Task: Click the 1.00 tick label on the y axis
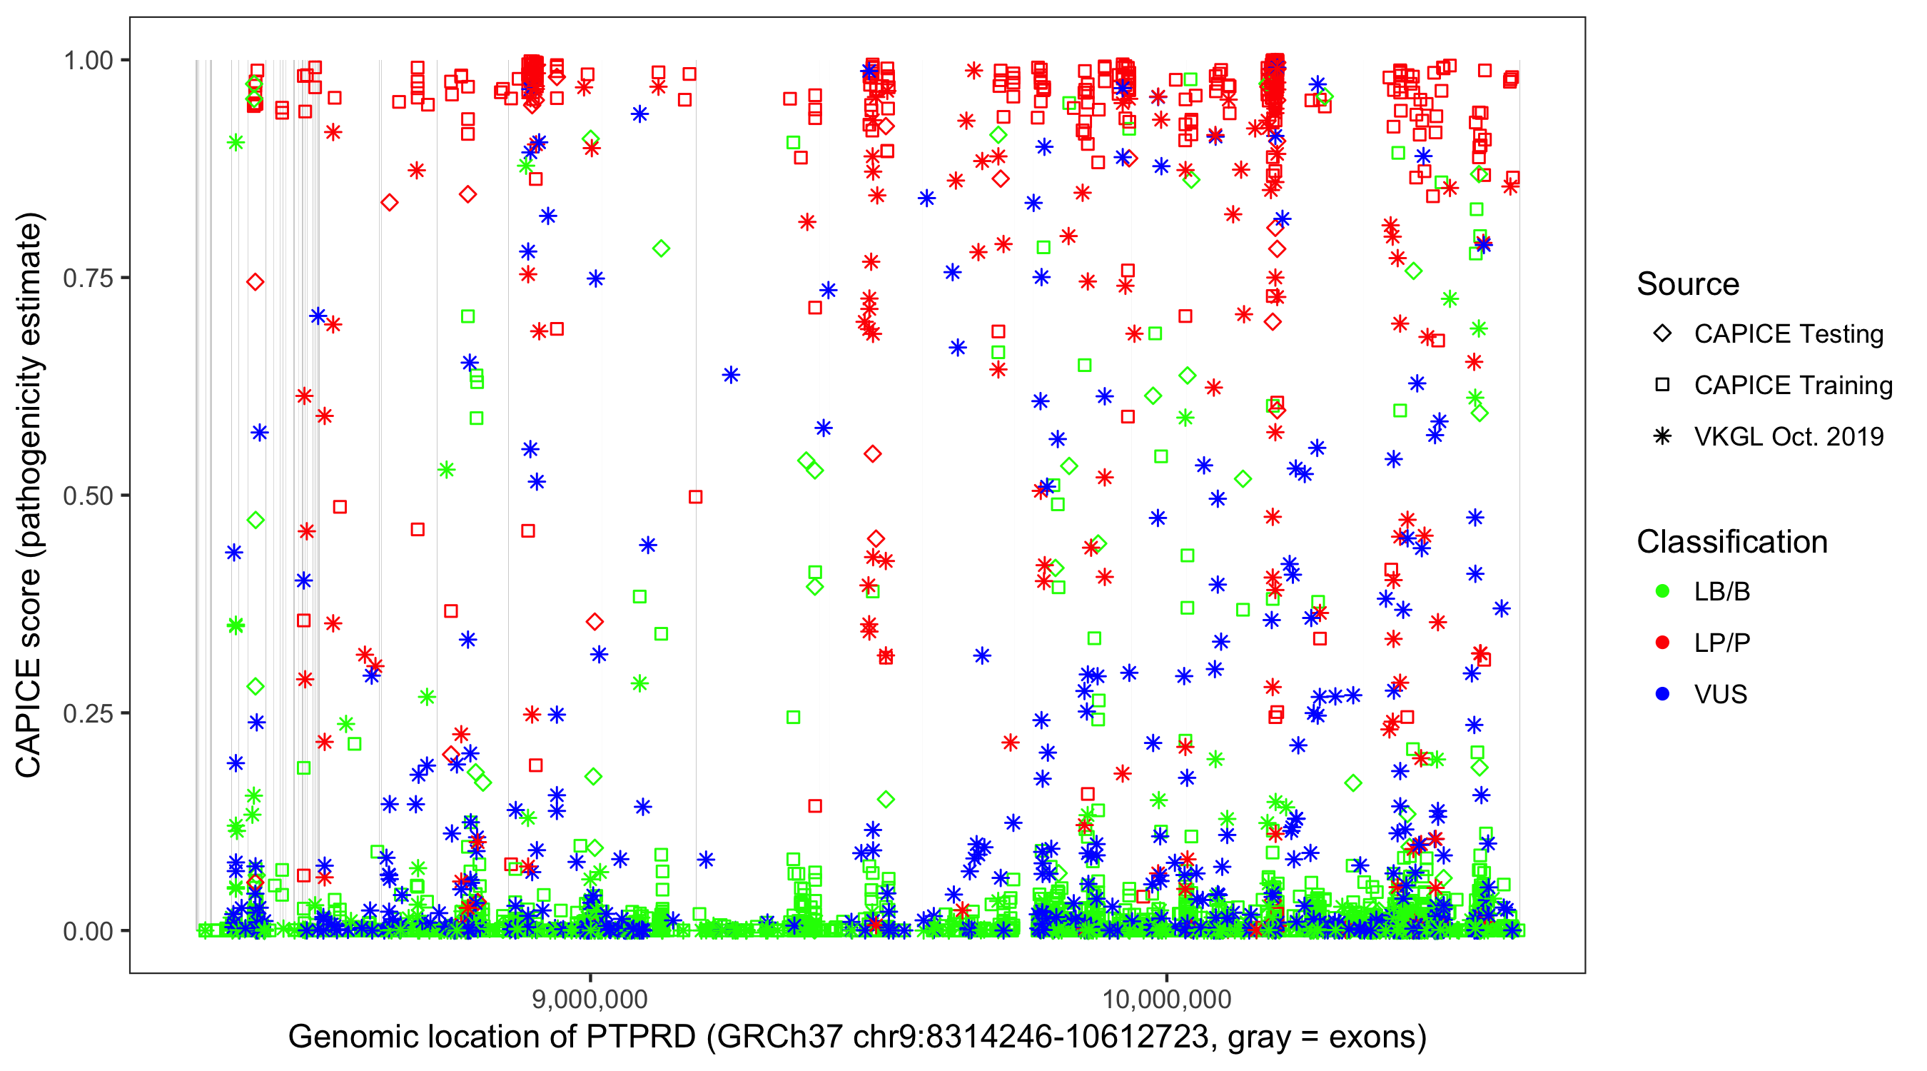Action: point(87,61)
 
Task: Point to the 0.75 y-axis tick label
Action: point(87,278)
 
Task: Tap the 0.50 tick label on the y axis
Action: point(87,496)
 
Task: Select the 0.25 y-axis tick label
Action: point(87,713)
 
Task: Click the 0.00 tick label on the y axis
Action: point(87,931)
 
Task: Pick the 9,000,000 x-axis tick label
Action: point(590,999)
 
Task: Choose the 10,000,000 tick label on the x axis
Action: point(1166,999)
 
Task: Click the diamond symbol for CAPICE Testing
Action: point(1662,334)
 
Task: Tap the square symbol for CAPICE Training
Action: point(1662,386)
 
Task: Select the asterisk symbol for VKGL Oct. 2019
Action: point(1662,436)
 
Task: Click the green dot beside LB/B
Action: point(1662,591)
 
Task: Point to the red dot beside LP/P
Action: point(1662,643)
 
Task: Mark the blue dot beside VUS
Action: point(1662,694)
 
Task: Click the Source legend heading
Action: point(1688,284)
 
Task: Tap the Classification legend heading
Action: point(1731,542)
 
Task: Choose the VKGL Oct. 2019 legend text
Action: point(1789,436)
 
